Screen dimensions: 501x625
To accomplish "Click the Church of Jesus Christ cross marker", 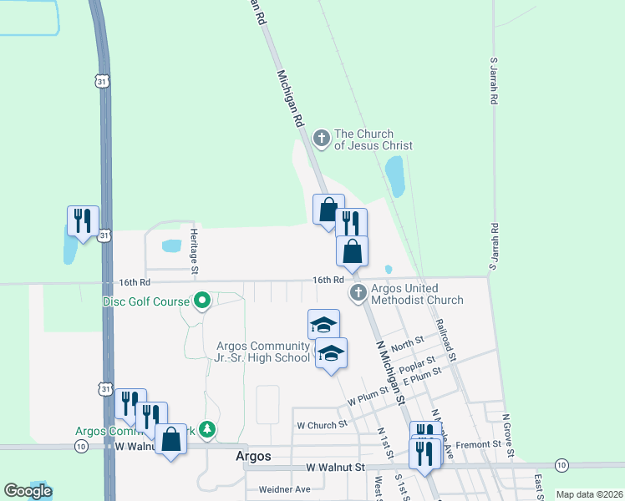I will coord(320,138).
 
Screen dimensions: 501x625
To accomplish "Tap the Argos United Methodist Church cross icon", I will coord(358,292).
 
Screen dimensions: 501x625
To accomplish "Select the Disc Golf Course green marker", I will coord(201,300).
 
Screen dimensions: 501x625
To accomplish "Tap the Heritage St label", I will coord(194,251).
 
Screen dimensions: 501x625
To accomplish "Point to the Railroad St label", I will coord(444,342).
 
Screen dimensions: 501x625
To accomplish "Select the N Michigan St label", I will coord(389,372).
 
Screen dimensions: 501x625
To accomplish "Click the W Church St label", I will coord(322,424).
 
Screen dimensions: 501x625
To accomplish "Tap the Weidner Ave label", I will coord(285,489).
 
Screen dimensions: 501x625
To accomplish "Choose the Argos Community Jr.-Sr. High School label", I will coord(263,352).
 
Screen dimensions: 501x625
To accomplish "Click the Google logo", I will coord(28,491).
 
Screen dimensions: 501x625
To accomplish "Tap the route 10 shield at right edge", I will coord(561,464).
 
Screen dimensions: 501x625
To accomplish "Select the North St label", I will coord(407,344).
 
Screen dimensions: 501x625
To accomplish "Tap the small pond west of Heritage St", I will coord(171,246).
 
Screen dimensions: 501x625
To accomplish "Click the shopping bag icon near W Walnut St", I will coord(171,438).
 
